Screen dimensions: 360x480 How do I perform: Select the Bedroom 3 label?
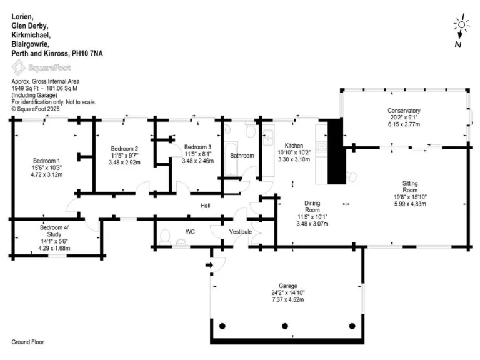(197, 147)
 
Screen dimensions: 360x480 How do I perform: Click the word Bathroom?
(242, 155)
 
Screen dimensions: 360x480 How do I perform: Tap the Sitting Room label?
(410, 186)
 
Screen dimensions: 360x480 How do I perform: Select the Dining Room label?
(312, 207)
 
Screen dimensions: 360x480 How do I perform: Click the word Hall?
(205, 206)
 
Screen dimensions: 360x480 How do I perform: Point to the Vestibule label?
(240, 232)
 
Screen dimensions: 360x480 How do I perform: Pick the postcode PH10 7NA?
(87, 54)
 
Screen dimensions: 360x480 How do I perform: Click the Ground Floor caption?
(28, 342)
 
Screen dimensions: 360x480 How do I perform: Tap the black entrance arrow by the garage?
(209, 266)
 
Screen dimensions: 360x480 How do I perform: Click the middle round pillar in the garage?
(286, 326)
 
